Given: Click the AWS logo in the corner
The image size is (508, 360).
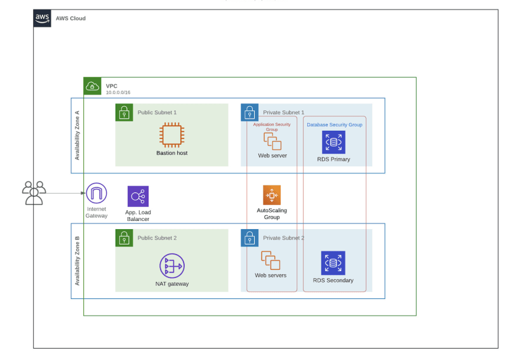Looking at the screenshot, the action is coord(42,18).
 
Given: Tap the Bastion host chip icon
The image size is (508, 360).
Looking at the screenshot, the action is coord(171,135).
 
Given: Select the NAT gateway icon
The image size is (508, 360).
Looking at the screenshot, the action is coord(172,265).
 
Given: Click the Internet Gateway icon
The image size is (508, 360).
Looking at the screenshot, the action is coord(97,193).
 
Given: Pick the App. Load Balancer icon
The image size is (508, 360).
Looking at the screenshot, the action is coord(138,196).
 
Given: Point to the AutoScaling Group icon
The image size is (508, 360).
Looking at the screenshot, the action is coord(272,195).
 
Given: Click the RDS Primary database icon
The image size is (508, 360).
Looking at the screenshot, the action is coord(334,142).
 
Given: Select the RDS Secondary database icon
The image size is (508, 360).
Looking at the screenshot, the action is coord(333,263).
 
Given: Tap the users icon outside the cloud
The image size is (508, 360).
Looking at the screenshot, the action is coord(34,193).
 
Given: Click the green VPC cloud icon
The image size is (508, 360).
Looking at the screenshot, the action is coord(92,86).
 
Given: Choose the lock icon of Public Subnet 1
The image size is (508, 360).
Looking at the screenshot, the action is coord(124,112).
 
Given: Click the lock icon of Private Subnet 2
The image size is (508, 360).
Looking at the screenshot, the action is coord(250,238).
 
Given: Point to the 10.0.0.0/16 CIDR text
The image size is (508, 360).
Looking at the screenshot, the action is coord(118,92).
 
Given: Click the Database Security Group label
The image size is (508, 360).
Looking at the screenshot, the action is coord(335,124).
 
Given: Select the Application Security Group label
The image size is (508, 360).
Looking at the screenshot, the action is coord(272,127).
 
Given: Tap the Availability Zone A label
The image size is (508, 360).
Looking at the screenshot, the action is coord(77,135).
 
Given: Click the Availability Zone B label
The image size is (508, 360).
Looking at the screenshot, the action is coord(77,261).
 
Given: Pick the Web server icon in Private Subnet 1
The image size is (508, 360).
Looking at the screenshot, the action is coord(272,142).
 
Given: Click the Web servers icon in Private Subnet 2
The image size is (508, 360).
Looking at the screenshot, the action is coord(271,260).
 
